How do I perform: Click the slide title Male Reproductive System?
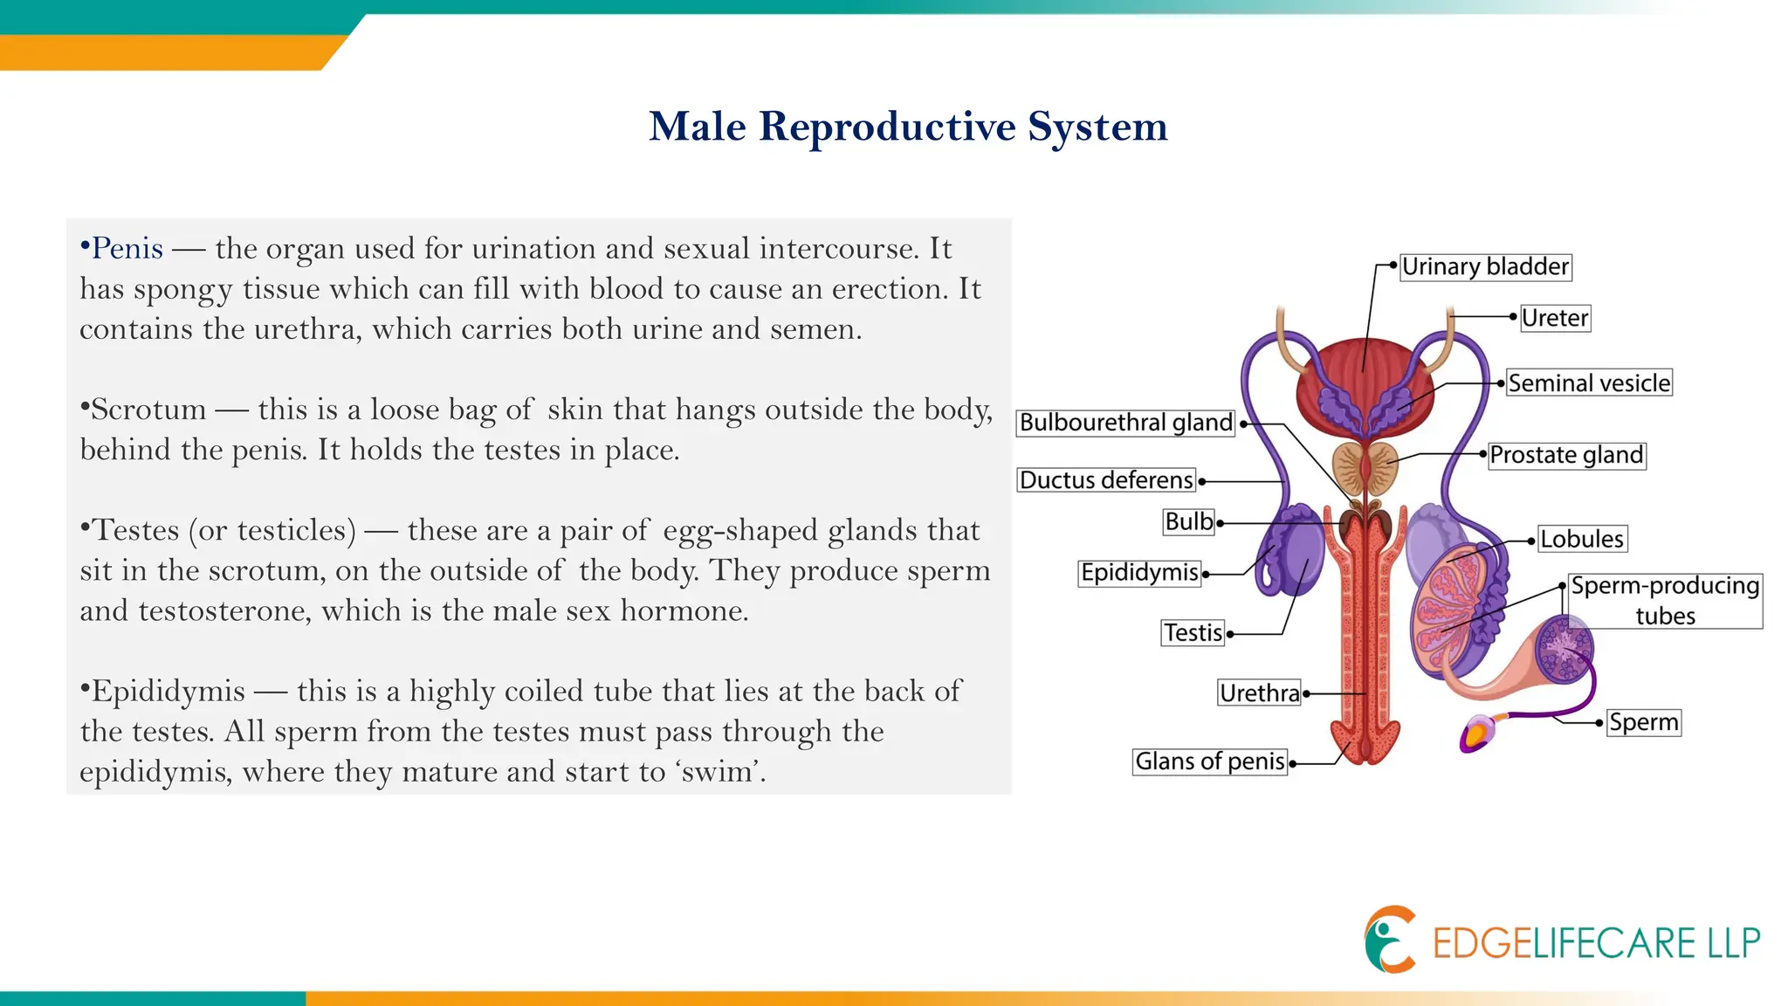(908, 127)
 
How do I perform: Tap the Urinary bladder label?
(1485, 266)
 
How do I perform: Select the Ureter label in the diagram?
(1554, 318)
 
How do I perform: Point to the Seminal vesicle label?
(1589, 383)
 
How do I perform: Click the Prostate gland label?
(1566, 455)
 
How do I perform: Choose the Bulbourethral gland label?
(1125, 423)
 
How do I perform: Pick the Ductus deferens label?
(1105, 480)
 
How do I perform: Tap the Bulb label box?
(1189, 522)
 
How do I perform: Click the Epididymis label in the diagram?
(1139, 573)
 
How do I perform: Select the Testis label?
(1193, 633)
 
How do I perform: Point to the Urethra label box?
(1259, 693)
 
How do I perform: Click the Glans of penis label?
(1209, 761)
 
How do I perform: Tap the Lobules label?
(1581, 539)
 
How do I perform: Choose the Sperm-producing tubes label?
(1665, 600)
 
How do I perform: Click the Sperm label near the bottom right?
(1643, 723)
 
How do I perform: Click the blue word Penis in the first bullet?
(127, 249)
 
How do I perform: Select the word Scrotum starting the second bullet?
(148, 410)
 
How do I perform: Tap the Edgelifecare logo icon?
(1390, 940)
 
